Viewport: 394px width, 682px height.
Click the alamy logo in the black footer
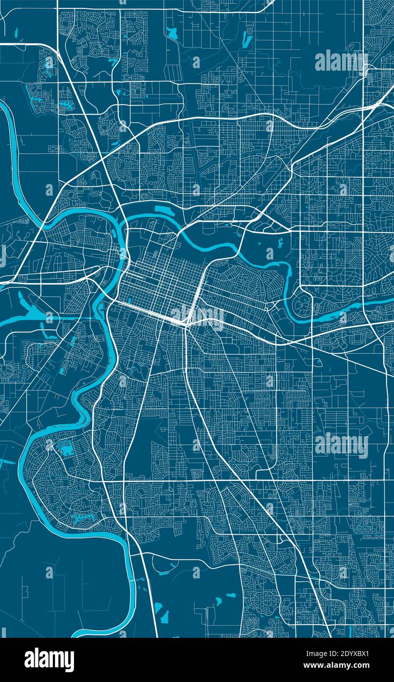(49, 660)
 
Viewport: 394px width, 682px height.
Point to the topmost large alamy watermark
(341, 61)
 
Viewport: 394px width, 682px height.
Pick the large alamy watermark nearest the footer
(341, 445)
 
